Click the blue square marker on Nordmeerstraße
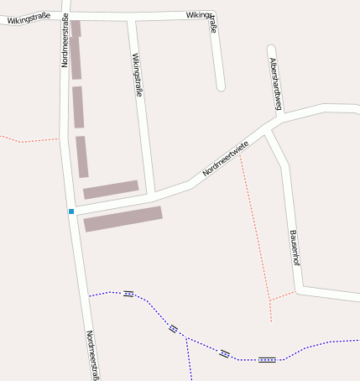pyautogui.click(x=71, y=211)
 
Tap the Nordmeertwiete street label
pyautogui.click(x=226, y=159)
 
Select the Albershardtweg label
pyautogui.click(x=275, y=84)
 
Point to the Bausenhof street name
pyautogui.click(x=294, y=248)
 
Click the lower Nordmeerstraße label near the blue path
pyautogui.click(x=92, y=355)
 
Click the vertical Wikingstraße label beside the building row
pyautogui.click(x=137, y=76)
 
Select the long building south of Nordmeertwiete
pyautogui.click(x=123, y=218)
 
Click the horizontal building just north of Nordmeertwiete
pyautogui.click(x=111, y=189)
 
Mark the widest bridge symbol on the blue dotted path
pyautogui.click(x=267, y=359)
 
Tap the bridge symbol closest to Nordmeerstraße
pyautogui.click(x=128, y=294)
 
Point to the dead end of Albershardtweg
pyautogui.click(x=271, y=50)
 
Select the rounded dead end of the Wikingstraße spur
pyautogui.click(x=221, y=86)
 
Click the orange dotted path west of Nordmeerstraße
pyautogui.click(x=29, y=140)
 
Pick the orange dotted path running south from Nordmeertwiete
pyautogui.click(x=255, y=227)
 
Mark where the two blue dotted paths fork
pyautogui.click(x=186, y=338)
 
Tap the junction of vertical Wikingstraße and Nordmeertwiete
pyautogui.click(x=151, y=193)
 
